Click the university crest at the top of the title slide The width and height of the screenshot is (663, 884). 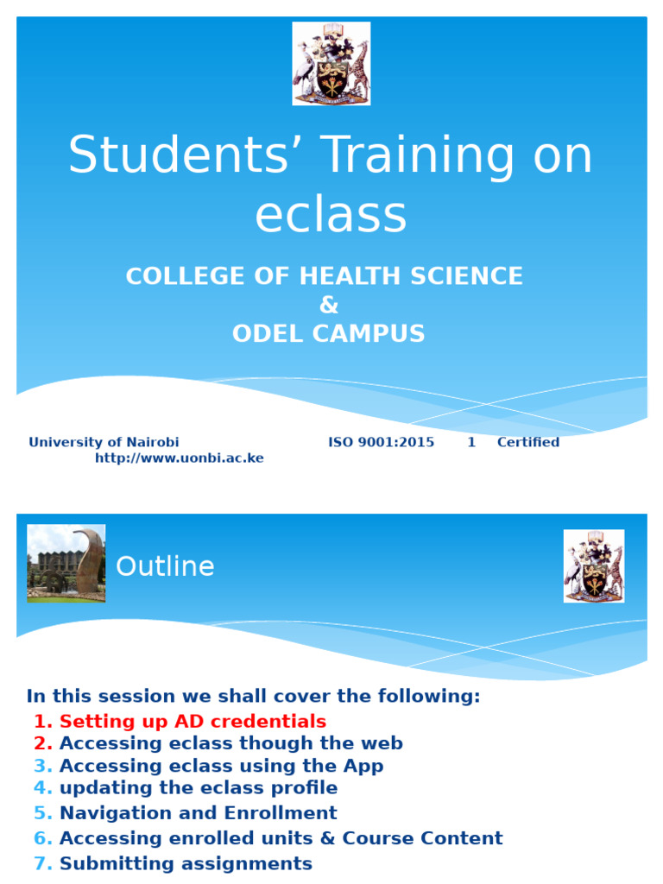[x=331, y=63]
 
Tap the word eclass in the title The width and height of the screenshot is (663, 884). [x=331, y=214]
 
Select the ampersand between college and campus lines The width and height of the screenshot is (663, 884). [x=328, y=305]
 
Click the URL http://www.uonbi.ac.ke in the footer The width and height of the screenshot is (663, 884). [x=179, y=458]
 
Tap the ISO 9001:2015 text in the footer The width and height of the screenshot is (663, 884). [x=381, y=442]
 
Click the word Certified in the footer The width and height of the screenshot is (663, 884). [x=527, y=442]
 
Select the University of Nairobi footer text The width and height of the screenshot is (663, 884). [x=104, y=442]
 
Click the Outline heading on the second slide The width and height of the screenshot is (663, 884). [x=165, y=567]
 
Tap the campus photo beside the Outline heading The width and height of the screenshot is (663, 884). [x=66, y=563]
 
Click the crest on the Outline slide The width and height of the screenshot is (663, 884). [x=593, y=565]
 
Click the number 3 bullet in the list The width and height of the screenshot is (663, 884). [x=43, y=767]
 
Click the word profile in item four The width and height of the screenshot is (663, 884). [x=306, y=788]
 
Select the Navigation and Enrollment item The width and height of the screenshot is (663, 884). [x=198, y=813]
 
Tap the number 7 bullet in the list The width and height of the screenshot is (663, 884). [x=43, y=863]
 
